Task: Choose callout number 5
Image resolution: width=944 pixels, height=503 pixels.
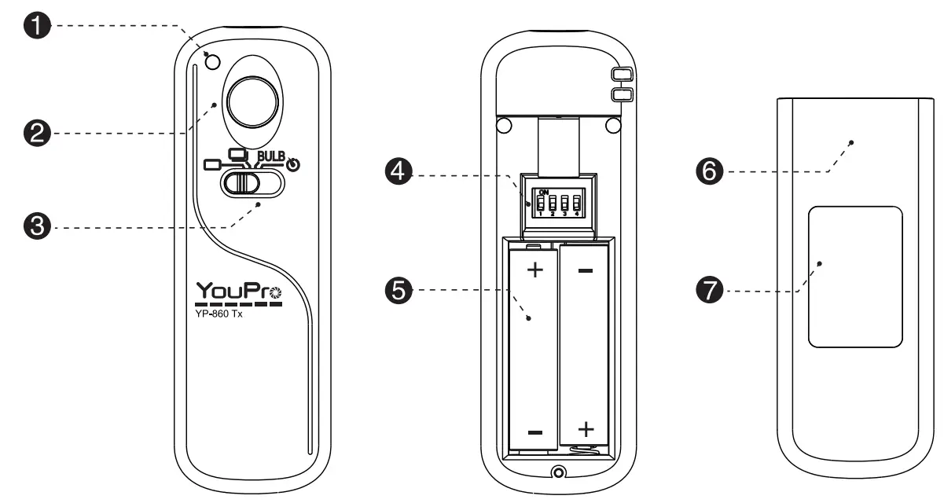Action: coord(401,292)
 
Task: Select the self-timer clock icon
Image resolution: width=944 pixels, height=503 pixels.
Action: coord(293,166)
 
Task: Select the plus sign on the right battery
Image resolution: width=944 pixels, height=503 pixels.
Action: coord(586,429)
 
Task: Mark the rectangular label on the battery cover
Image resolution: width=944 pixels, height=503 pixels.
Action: coord(855,276)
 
